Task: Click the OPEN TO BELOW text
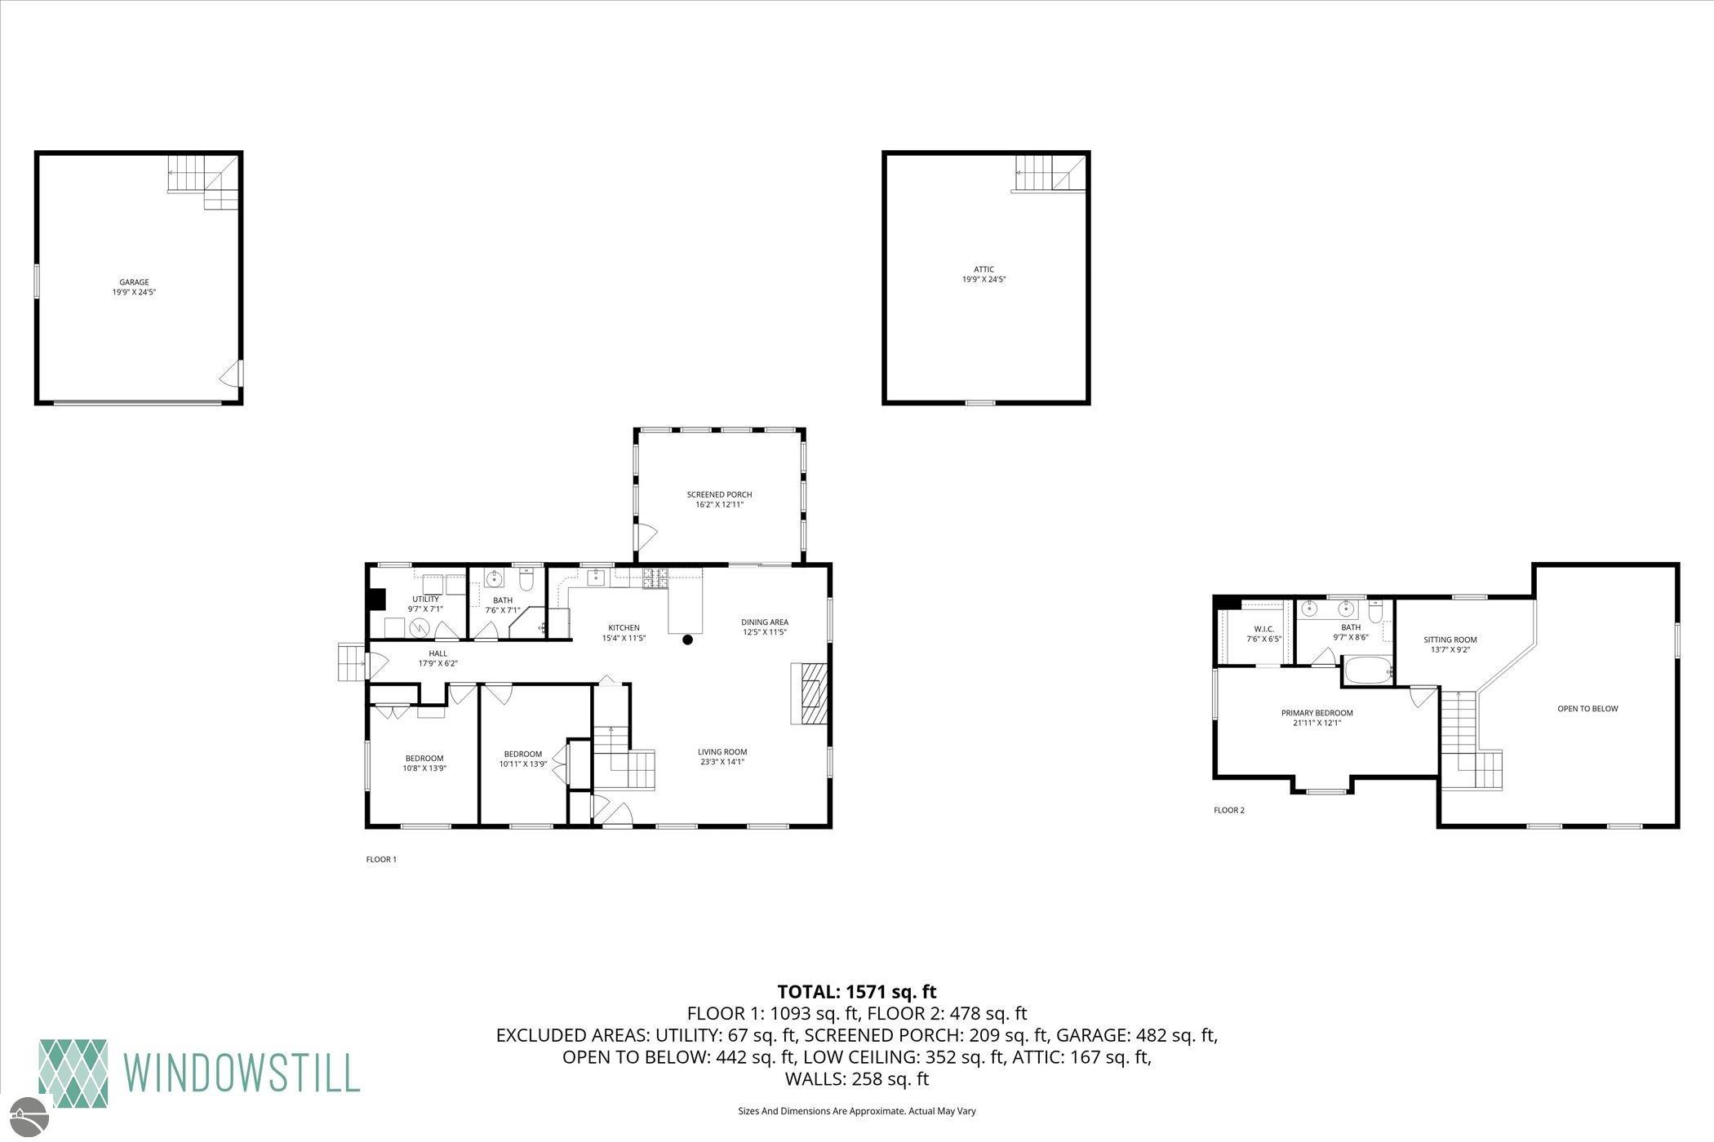1587,709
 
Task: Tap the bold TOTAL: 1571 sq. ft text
857,992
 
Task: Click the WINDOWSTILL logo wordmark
242,1072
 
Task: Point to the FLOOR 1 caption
381,859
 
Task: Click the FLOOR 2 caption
1229,810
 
